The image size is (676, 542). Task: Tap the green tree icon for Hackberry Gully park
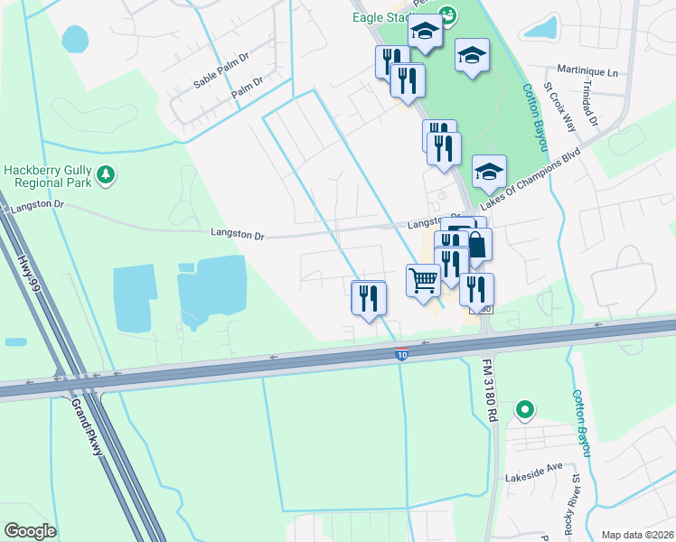pyautogui.click(x=107, y=173)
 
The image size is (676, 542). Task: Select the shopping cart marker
pyautogui.click(x=423, y=280)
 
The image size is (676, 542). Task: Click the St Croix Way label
pyautogui.click(x=559, y=107)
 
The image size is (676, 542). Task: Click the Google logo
pyautogui.click(x=30, y=531)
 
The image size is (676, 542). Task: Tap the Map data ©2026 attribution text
pyautogui.click(x=638, y=535)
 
